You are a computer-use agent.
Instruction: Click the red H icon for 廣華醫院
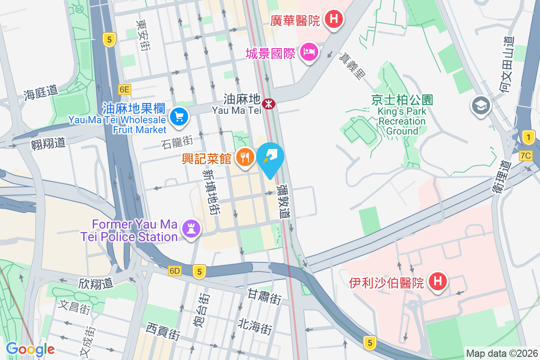[x=334, y=19]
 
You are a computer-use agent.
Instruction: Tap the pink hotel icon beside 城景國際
[x=309, y=52]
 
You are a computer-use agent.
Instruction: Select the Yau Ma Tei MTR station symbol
[x=269, y=104]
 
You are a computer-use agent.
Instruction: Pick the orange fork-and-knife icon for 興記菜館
[x=245, y=158]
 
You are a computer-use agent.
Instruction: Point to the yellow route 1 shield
[x=529, y=137]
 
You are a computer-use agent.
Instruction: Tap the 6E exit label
[x=125, y=90]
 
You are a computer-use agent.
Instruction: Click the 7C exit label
[x=526, y=156]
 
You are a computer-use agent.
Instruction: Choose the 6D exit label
[x=175, y=271]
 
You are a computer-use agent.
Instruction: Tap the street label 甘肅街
[x=264, y=296]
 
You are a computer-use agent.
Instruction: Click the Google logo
[x=30, y=349]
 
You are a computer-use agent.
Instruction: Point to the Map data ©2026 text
[x=501, y=353]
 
